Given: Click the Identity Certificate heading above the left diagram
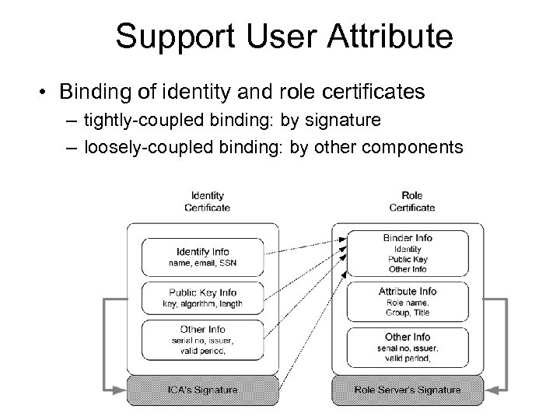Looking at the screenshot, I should pyautogui.click(x=207, y=202).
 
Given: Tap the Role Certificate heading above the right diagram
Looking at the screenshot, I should pyautogui.click(x=412, y=202).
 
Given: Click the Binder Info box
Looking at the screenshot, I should pyautogui.click(x=408, y=253).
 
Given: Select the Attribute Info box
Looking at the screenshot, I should pyautogui.click(x=408, y=301).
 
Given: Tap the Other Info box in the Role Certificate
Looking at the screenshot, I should pyautogui.click(x=408, y=346).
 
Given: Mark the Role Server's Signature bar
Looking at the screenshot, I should pyautogui.click(x=408, y=389).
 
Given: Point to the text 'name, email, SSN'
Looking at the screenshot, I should pyautogui.click(x=202, y=263).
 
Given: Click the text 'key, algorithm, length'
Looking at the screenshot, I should pyautogui.click(x=202, y=303).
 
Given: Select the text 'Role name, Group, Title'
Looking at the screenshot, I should pyautogui.click(x=408, y=307).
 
